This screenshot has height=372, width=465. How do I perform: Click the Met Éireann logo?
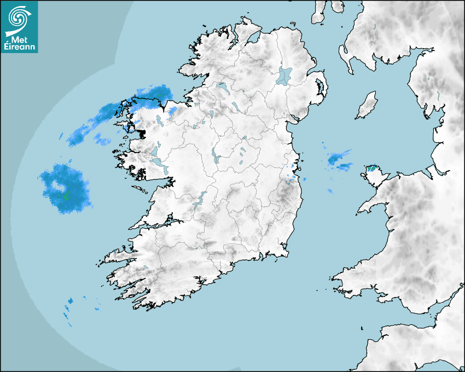20,27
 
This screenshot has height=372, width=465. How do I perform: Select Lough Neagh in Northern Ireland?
284,75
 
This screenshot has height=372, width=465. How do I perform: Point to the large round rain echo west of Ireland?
65,188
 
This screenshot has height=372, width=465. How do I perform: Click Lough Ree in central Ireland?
215,156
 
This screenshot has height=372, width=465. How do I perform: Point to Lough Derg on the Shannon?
200,198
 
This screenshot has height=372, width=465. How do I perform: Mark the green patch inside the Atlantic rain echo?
66,195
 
